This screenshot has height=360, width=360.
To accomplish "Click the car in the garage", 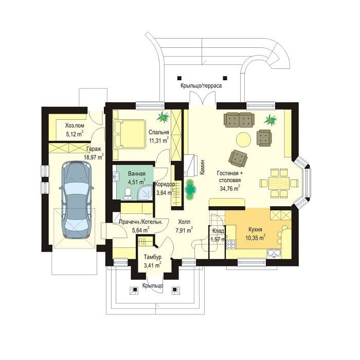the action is [x=77, y=200].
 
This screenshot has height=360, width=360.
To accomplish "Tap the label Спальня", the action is [x=158, y=132].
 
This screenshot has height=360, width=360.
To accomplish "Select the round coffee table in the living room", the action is [x=244, y=139].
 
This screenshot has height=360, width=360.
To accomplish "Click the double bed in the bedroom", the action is [x=130, y=134].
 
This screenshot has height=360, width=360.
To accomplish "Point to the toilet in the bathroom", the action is [x=128, y=193].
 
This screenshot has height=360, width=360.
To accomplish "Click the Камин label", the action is [x=202, y=167].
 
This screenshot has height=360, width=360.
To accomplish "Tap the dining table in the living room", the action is [x=279, y=183].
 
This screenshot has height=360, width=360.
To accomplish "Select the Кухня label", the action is [x=255, y=229].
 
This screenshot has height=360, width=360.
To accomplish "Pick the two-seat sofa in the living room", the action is [x=239, y=120].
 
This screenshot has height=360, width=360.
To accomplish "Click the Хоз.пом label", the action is [x=75, y=125].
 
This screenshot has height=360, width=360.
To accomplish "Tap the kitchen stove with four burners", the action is [x=231, y=244].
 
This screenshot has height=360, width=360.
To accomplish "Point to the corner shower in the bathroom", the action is [x=145, y=192].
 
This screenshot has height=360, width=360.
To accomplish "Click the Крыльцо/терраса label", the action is [x=201, y=86].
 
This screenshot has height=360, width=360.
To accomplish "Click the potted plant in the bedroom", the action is [x=164, y=116].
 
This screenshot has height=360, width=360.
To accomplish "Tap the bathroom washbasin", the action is [x=116, y=177].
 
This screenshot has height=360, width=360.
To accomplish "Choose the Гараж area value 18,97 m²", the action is [x=94, y=157].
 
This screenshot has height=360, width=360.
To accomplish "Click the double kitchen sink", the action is [x=274, y=253].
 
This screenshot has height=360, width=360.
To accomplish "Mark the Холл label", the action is [x=184, y=222].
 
